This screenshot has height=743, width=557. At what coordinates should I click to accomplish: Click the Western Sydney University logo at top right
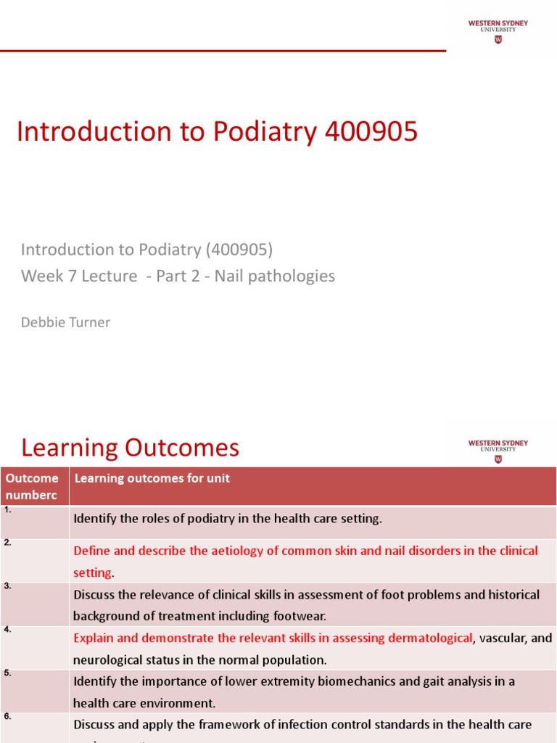point(498,31)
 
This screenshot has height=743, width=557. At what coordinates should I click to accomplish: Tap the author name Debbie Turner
point(65,322)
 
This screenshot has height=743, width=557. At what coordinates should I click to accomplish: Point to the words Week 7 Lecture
point(78,276)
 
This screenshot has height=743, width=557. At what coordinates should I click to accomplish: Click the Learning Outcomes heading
point(130,448)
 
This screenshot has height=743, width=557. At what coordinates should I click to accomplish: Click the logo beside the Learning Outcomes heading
point(498,451)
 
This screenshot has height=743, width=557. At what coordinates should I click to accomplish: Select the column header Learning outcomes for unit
point(152,478)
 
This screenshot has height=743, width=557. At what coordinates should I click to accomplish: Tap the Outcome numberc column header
point(32,485)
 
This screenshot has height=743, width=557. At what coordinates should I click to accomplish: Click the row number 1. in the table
point(7,510)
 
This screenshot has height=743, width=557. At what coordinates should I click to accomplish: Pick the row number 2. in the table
point(7,543)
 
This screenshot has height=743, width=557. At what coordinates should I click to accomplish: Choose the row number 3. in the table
point(7,586)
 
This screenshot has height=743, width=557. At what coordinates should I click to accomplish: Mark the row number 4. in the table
point(7,630)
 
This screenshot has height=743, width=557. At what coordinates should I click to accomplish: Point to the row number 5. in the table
point(7,673)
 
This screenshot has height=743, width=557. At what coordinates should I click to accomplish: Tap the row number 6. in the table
point(7,717)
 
